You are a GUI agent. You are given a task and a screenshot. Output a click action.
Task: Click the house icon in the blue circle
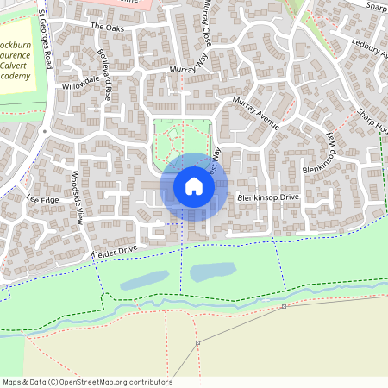coord(194,186)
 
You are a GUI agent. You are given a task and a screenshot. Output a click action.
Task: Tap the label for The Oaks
coord(108,28)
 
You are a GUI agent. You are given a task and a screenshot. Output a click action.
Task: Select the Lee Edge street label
coord(42,199)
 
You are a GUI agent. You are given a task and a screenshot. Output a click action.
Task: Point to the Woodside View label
coord(76,203)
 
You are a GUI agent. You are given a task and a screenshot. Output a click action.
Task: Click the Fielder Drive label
coord(115,252)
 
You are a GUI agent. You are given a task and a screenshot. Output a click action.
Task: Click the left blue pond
coord(144,279)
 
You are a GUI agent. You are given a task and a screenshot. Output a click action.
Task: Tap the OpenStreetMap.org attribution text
coord(112,382)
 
